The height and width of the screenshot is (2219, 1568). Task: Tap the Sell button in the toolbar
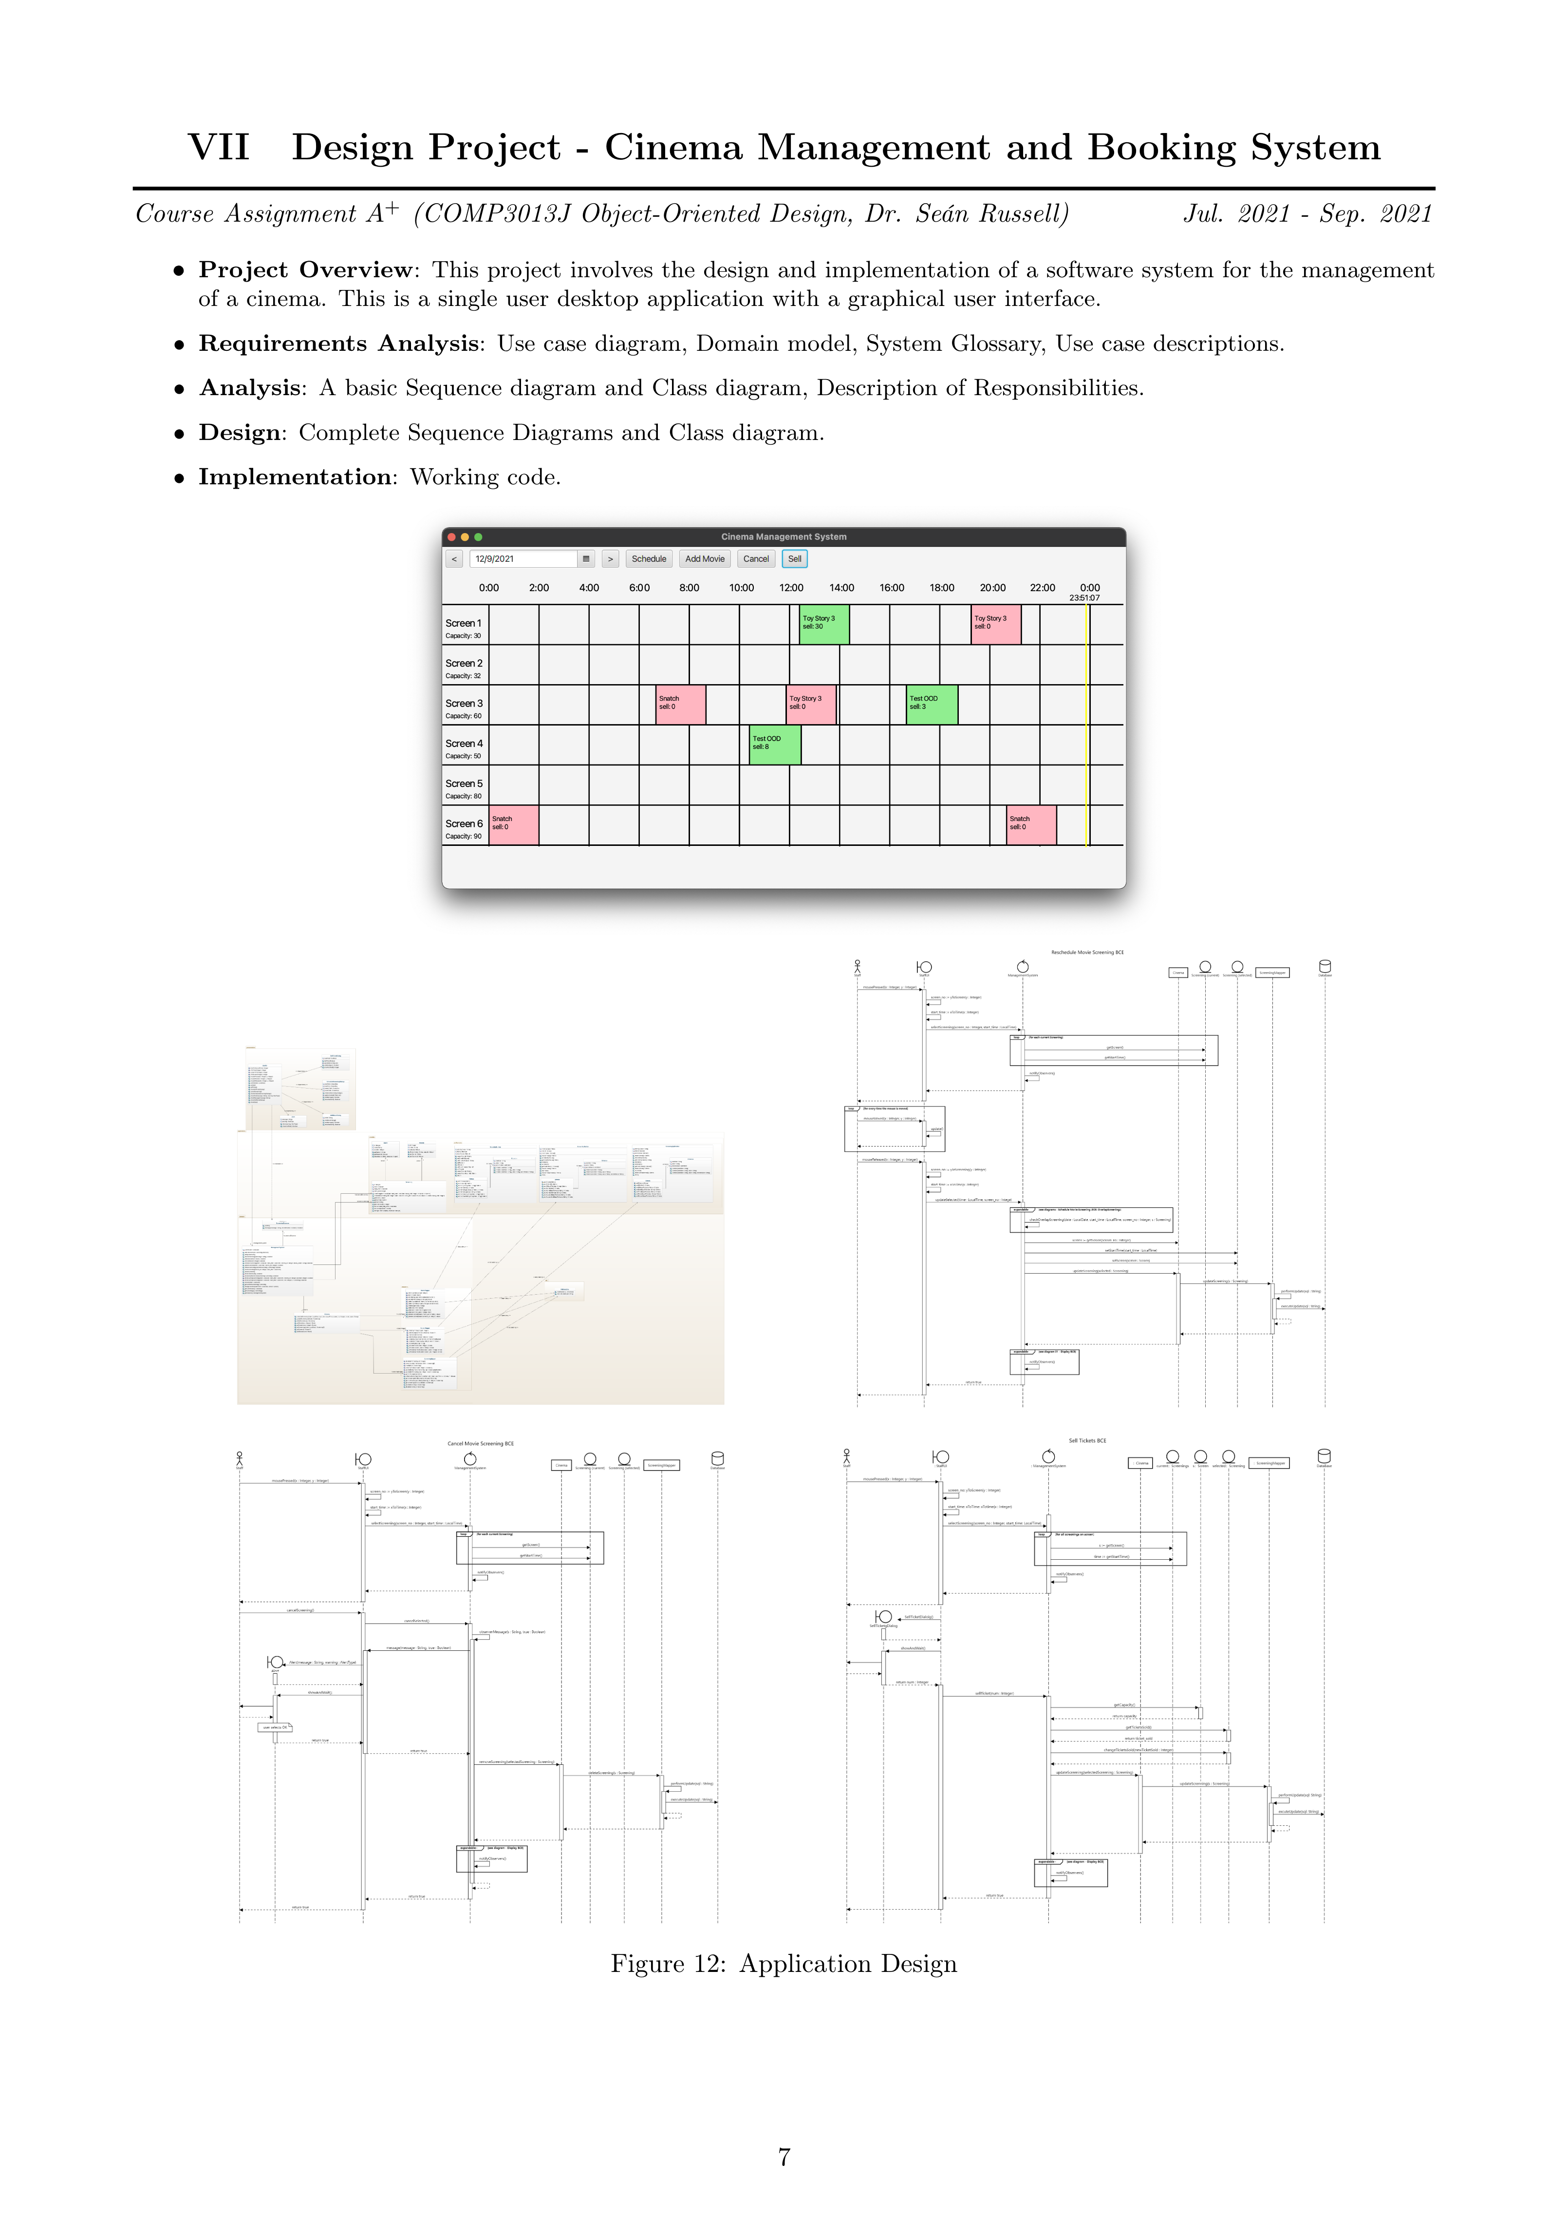(794, 558)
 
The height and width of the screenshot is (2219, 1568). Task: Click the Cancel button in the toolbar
(755, 558)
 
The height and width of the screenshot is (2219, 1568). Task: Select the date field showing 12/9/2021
(523, 558)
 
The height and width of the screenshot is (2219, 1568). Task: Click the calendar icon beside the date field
(585, 558)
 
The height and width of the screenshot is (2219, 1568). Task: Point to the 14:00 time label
(841, 588)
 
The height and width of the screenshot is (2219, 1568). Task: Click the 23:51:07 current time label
(1084, 598)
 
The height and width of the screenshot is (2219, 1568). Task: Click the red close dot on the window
(451, 536)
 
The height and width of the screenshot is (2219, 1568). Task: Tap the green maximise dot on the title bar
(478, 536)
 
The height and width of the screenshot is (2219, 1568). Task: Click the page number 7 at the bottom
(784, 2156)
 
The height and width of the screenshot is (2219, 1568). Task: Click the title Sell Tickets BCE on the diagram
(1087, 1440)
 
